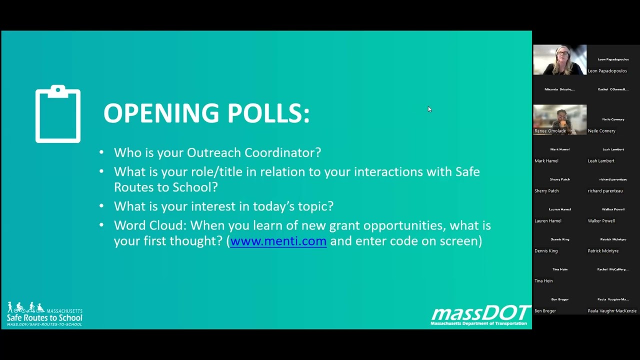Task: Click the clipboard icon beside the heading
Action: [x=58, y=114]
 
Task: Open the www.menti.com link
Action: [x=278, y=241]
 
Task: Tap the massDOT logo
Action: [x=480, y=315]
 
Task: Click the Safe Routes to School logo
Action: [x=44, y=314]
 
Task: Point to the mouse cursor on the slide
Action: [x=429, y=109]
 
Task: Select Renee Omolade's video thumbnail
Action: [x=559, y=119]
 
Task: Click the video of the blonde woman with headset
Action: [x=559, y=59]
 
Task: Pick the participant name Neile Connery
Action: [x=601, y=131]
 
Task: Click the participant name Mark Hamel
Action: [x=546, y=161]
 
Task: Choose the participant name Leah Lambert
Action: [x=601, y=161]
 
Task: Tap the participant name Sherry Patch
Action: [x=546, y=191]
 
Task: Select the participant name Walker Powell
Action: [x=601, y=221]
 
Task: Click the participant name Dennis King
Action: [x=546, y=251]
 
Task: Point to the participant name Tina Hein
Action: [x=543, y=281]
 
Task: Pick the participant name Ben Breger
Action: [x=545, y=311]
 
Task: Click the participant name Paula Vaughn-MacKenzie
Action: [x=612, y=311]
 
